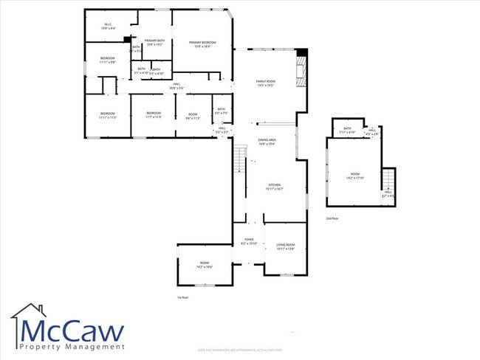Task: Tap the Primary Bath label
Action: [154, 42]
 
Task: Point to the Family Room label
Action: [266, 83]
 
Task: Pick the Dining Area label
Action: [267, 142]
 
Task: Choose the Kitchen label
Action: [274, 187]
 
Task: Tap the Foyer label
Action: [250, 241]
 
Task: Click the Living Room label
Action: [285, 246]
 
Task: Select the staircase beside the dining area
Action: [239, 160]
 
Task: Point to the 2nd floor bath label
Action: [347, 130]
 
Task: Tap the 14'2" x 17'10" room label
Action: [356, 177]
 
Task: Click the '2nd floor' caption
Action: [333, 219]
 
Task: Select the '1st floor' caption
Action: [183, 297]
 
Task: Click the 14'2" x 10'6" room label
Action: [204, 265]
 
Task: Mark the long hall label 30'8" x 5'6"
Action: [177, 86]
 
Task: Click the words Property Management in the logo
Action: [72, 347]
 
